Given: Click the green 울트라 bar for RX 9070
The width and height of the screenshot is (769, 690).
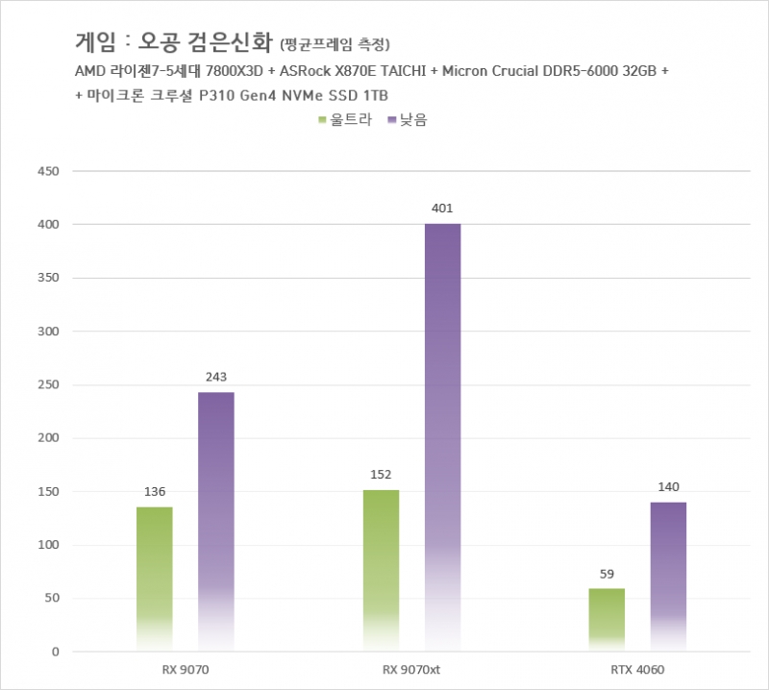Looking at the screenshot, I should (154, 577).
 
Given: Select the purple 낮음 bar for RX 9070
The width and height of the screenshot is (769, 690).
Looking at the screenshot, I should (216, 519).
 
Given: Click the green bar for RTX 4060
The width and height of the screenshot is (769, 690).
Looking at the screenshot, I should (607, 619).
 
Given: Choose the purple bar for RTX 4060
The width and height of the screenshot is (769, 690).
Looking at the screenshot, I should (668, 577).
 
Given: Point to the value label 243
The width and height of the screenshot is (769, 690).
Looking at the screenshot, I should (216, 377).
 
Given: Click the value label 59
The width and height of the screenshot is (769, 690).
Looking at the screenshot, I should (607, 574).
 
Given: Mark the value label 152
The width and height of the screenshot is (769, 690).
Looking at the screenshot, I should (381, 475).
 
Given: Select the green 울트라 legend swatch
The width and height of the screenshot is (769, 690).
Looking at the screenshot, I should (323, 120).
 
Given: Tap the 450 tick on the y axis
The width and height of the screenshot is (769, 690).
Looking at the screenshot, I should (47, 171).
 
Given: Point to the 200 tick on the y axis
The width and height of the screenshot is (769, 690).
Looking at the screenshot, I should (47, 438).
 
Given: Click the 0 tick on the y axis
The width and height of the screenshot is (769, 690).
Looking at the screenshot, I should (56, 652).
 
